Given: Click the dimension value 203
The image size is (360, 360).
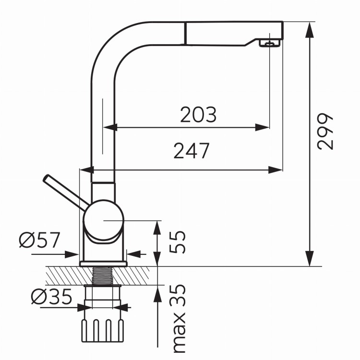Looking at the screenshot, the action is coord(198,114).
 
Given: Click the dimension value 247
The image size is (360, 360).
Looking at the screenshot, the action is coord(192,151).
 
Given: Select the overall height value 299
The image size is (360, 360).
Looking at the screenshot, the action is coord(324,131).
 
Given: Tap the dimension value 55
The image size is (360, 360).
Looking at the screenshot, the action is coord(177,242).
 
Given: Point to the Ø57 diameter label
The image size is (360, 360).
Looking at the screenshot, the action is coord(39,240).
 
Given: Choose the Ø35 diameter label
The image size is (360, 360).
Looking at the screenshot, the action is coord(52,296).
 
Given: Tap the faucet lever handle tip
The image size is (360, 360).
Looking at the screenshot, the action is coord(46,178).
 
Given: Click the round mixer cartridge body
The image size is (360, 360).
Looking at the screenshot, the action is coord(104,220).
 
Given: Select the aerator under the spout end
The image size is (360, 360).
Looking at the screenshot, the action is coord(270,43).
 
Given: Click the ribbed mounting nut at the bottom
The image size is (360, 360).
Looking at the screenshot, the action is coord(102,331).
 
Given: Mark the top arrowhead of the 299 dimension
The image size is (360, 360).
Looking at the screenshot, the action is coord(310,29).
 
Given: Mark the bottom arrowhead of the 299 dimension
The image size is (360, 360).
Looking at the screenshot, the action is coord(310,259).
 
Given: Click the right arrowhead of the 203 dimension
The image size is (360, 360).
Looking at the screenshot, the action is coord(262,127).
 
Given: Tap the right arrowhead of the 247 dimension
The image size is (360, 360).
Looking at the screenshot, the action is coord(276,170).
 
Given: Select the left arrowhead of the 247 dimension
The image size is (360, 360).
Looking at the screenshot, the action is coord(87,170).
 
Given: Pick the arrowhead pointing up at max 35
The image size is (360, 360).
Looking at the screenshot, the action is coord(157,293).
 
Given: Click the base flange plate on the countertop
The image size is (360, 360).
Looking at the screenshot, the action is coord(103,264).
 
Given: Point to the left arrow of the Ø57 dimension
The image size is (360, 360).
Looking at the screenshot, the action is coord(55,254).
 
